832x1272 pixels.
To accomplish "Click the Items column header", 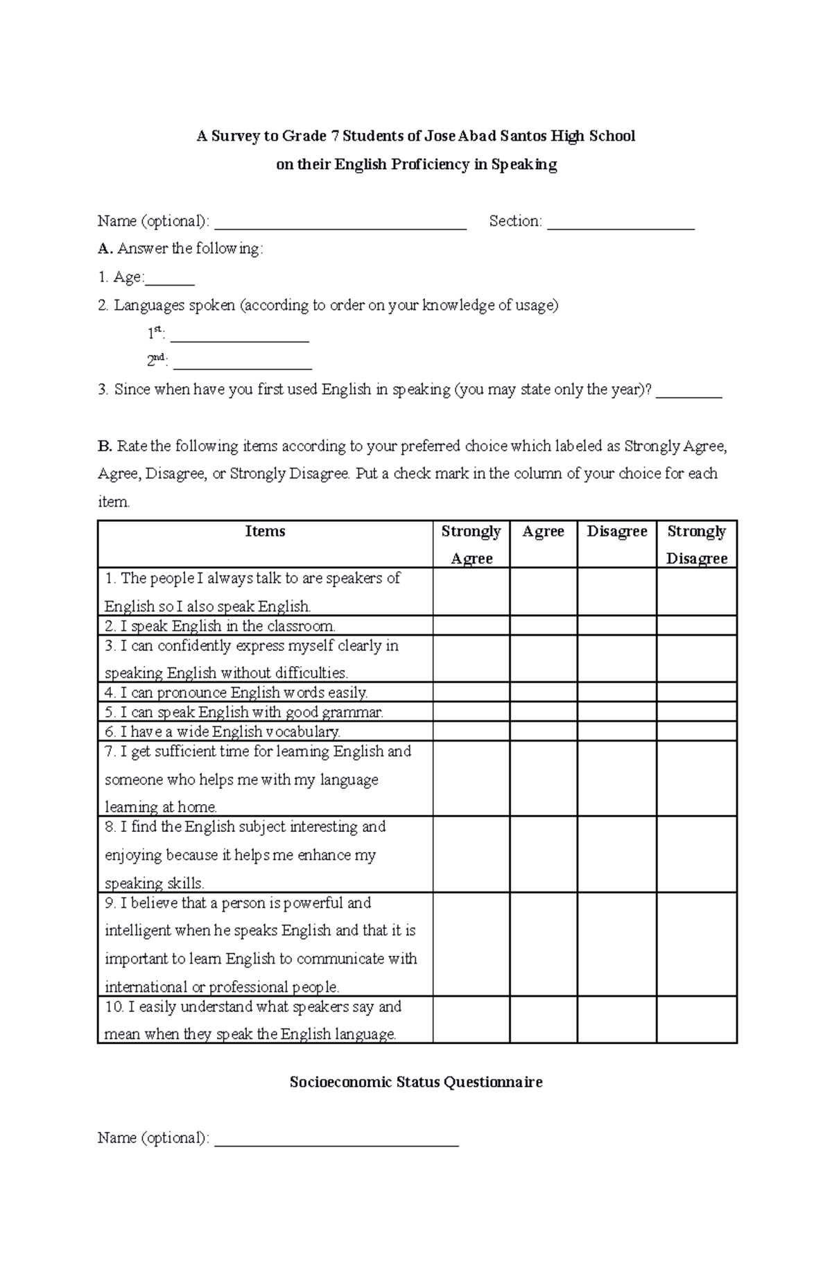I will [x=265, y=532].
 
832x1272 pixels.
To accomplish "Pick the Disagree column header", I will [x=616, y=532].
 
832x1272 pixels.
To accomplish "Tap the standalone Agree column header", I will [x=543, y=532].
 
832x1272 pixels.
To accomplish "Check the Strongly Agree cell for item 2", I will [x=471, y=626].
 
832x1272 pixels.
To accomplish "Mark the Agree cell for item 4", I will [x=543, y=692].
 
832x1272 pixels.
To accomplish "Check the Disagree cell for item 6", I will [x=616, y=731].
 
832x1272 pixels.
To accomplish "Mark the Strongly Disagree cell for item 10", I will [x=696, y=1020].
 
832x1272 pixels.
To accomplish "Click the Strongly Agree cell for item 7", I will [x=471, y=778].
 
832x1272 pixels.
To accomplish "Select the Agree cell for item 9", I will [x=543, y=944].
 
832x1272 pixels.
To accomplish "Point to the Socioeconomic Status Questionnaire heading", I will [x=415, y=1082].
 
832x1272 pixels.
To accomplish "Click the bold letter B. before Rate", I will [x=105, y=446].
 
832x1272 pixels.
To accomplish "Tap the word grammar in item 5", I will [x=358, y=712].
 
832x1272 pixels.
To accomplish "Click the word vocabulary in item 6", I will [x=306, y=731].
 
